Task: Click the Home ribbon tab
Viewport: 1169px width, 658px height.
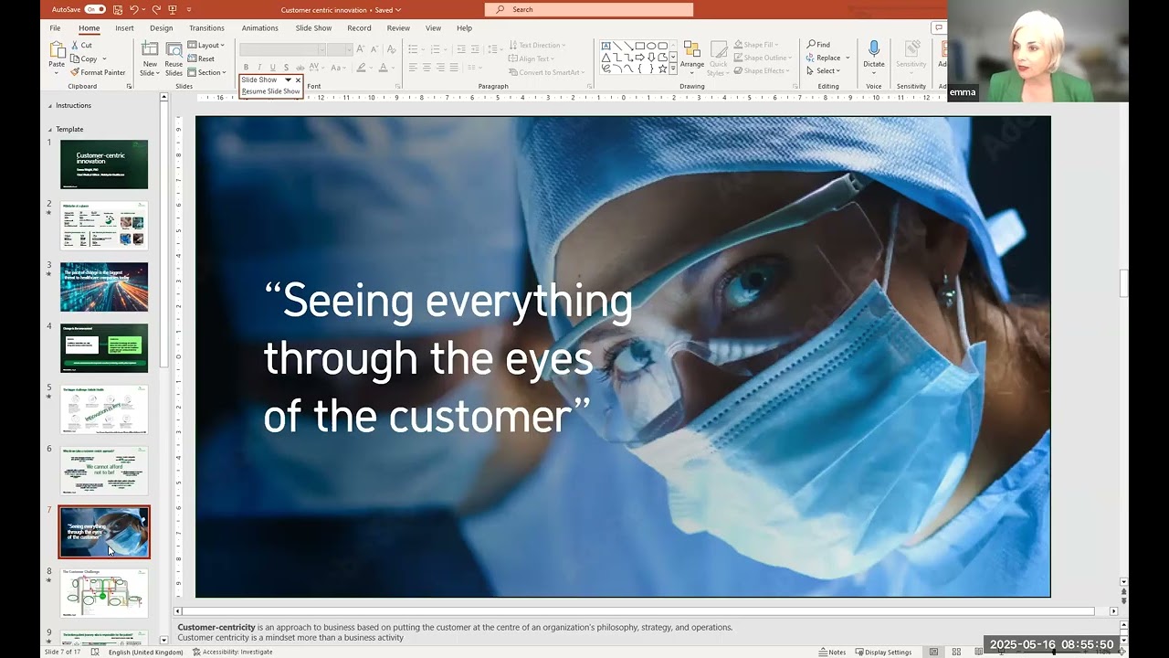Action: point(89,28)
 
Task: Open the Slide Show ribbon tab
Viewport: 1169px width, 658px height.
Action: point(313,28)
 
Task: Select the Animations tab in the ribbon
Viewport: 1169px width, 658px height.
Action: point(259,28)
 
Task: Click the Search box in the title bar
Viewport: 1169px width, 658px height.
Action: point(589,9)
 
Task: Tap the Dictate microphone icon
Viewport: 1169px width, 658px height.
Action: point(874,49)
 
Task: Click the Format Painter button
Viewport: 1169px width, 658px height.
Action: point(98,72)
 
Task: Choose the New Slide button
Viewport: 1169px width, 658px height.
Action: point(150,57)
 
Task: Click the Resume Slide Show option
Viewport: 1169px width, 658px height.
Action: point(270,91)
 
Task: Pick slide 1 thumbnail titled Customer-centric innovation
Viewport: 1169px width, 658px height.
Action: point(104,164)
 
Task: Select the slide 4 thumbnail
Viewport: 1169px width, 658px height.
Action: point(104,348)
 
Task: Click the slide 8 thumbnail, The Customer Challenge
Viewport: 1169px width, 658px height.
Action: point(104,593)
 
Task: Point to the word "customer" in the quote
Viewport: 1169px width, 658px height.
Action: point(479,417)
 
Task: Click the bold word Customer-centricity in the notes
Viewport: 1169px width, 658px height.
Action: point(216,628)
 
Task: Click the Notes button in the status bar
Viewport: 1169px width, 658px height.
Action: point(832,652)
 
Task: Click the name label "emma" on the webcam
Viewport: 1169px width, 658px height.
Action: point(962,92)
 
